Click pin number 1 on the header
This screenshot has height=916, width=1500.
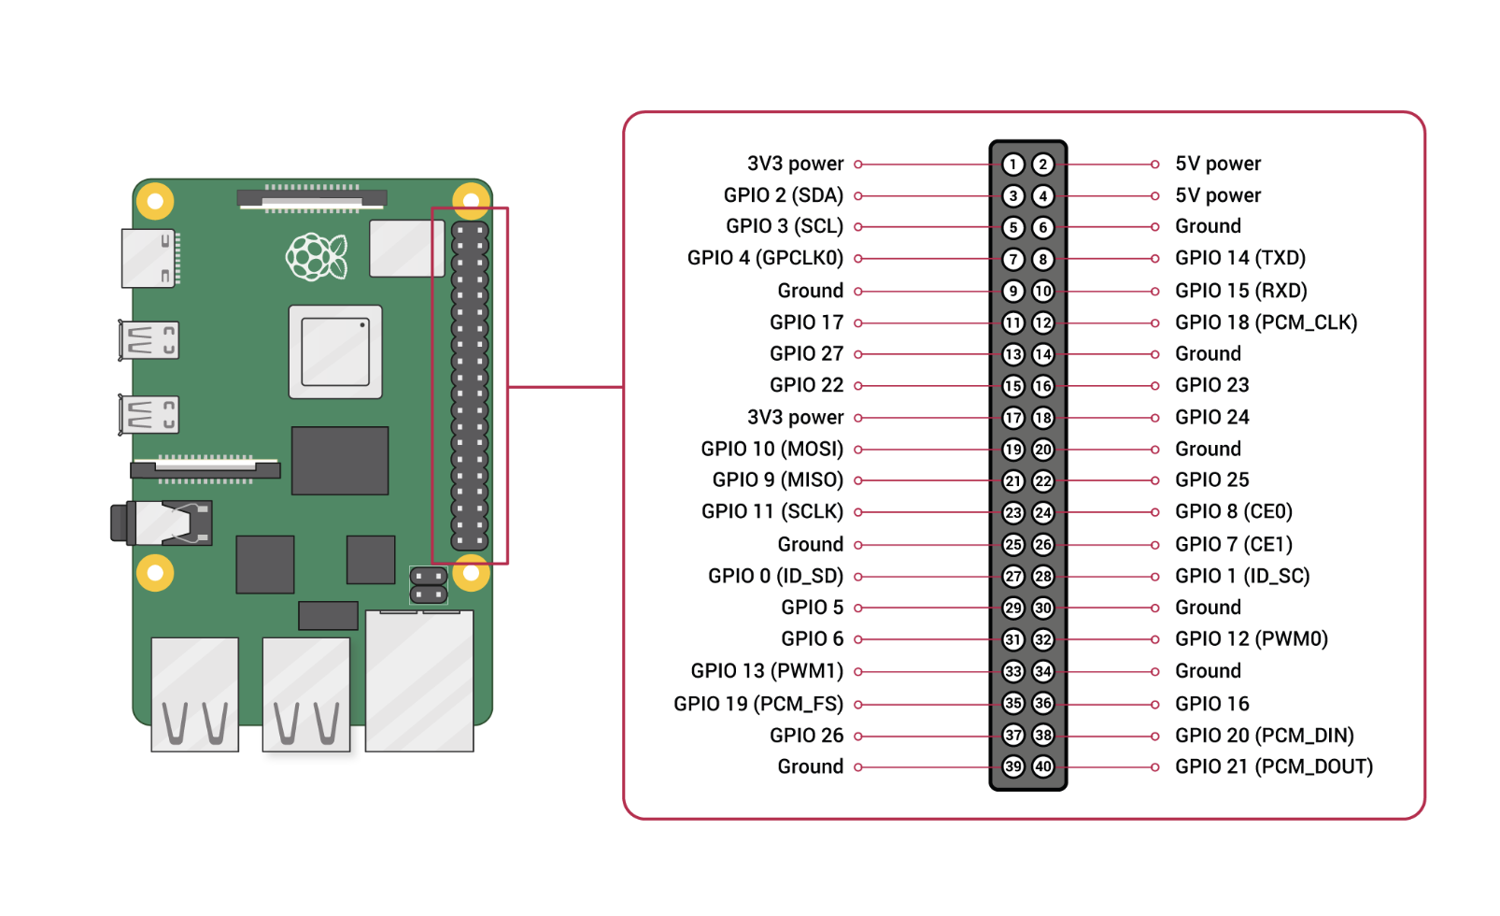click(1012, 165)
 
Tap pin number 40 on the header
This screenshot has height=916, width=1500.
click(1043, 766)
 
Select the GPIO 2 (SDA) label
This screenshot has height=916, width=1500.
click(783, 195)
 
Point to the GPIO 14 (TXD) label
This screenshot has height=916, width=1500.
click(1239, 258)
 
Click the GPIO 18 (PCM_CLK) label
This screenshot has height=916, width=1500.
click(1266, 322)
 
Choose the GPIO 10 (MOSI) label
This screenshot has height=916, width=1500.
click(771, 449)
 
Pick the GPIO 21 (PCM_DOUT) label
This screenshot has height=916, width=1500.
click(1273, 766)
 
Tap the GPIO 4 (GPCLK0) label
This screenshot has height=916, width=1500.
click(765, 258)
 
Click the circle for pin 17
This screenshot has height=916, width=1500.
click(1012, 418)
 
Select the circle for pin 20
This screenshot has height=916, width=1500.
click(1043, 450)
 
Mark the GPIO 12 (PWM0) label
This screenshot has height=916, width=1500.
click(1251, 639)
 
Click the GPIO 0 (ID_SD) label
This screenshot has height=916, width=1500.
click(775, 576)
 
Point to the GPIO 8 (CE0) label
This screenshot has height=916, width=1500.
click(1233, 512)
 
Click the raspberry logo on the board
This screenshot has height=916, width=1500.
click(317, 256)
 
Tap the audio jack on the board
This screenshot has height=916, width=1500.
click(163, 523)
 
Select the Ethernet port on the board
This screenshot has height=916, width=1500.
click(419, 680)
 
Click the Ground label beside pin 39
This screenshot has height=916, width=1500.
click(810, 766)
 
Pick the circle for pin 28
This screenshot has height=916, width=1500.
click(1043, 577)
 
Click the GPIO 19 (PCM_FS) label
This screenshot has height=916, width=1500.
click(757, 704)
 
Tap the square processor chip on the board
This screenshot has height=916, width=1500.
click(335, 351)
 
